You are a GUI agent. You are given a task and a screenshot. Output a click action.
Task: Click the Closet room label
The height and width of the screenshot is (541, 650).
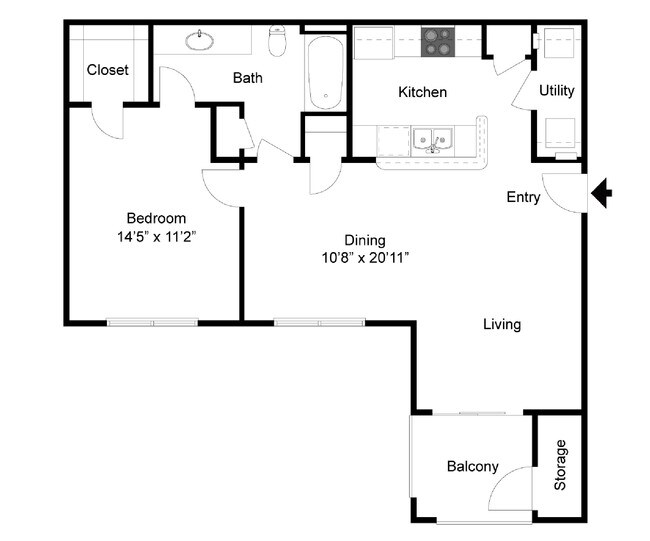point(107,70)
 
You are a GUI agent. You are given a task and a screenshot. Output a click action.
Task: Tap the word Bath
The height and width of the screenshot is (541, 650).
point(248,78)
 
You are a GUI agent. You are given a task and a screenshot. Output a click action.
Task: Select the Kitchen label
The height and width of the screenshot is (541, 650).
point(422,92)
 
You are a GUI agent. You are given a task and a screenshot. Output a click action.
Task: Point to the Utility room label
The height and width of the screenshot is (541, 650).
point(557,91)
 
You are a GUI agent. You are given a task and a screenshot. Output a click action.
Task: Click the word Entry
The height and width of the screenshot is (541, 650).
point(523,197)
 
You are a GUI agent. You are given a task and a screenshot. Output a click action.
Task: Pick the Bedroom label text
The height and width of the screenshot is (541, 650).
point(156,219)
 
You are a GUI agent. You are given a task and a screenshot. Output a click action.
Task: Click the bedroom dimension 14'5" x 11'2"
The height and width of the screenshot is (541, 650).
point(156,238)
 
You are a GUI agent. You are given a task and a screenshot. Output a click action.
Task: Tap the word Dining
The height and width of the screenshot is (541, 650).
point(365,240)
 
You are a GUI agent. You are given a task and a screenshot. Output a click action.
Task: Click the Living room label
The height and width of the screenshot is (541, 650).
point(502,324)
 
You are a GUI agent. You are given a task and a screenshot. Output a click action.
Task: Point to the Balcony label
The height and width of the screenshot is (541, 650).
point(473,467)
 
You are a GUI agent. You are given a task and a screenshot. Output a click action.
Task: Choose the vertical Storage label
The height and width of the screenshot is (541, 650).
point(561,465)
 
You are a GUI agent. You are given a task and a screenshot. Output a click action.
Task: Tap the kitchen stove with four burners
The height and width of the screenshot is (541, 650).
point(436,41)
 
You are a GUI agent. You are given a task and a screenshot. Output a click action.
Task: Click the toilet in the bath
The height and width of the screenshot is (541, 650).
point(279,42)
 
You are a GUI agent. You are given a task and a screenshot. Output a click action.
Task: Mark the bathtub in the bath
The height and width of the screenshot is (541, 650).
point(324,71)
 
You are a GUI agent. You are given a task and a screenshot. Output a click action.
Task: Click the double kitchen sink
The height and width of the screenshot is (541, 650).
point(433,139)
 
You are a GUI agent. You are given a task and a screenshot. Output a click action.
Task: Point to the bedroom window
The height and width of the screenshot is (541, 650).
point(152,322)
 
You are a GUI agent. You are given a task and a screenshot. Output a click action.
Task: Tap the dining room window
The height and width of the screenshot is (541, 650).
point(320,322)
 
